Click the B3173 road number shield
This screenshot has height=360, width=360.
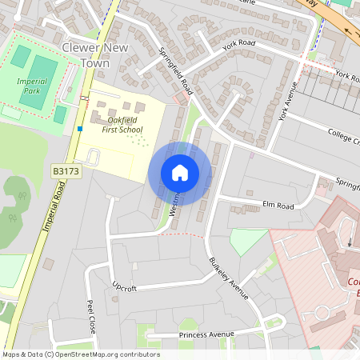click(x=67, y=171)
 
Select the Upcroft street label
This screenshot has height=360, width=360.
click(x=125, y=286)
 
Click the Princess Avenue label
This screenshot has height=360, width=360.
click(x=206, y=334)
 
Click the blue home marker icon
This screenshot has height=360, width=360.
click(x=180, y=172)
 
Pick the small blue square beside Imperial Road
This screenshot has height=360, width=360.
click(x=80, y=128)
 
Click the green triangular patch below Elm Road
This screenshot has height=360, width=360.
click(x=247, y=241)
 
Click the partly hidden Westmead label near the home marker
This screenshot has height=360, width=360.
click(x=174, y=204)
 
